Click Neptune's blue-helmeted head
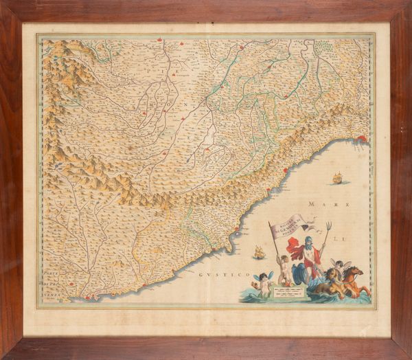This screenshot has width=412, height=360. coord(310,242)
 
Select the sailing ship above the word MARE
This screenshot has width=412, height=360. coord(337,178)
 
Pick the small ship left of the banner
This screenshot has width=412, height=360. coord(259,253)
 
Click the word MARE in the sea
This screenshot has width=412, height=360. coord(320,205)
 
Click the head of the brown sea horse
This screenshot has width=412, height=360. coord(358,273)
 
